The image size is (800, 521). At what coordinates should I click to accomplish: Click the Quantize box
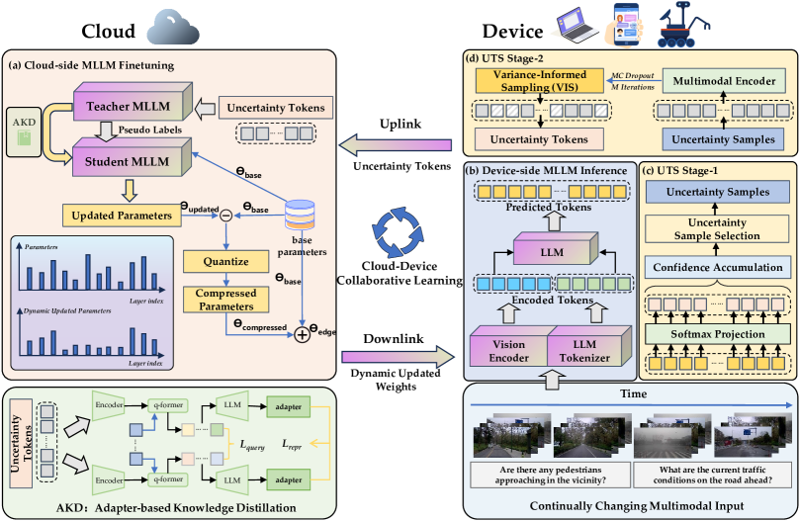[226, 262]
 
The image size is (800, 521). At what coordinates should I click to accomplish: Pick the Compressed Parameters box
[226, 299]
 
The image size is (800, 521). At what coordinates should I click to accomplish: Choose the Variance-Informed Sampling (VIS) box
[538, 82]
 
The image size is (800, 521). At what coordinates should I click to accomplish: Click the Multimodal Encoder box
[723, 82]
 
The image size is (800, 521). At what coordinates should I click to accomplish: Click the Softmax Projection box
[720, 333]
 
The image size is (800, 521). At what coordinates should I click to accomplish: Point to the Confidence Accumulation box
[720, 268]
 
